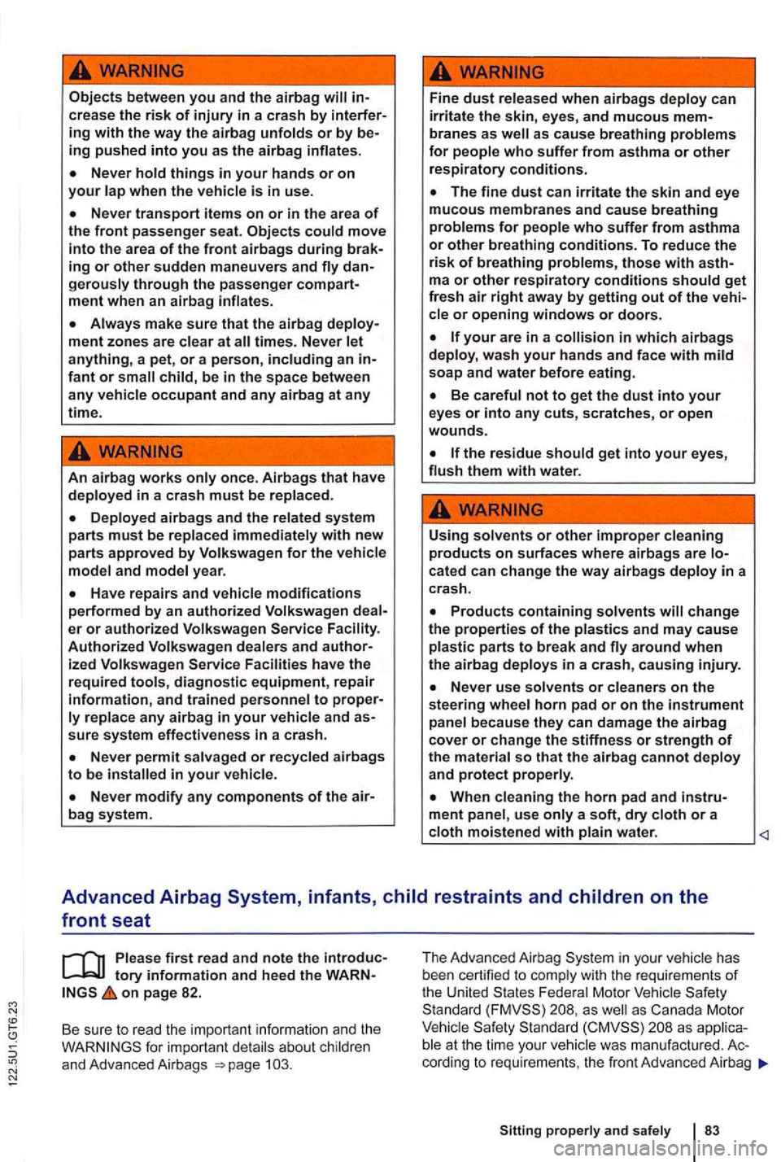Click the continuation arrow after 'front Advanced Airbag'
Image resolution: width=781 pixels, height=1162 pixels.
point(762,1063)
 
